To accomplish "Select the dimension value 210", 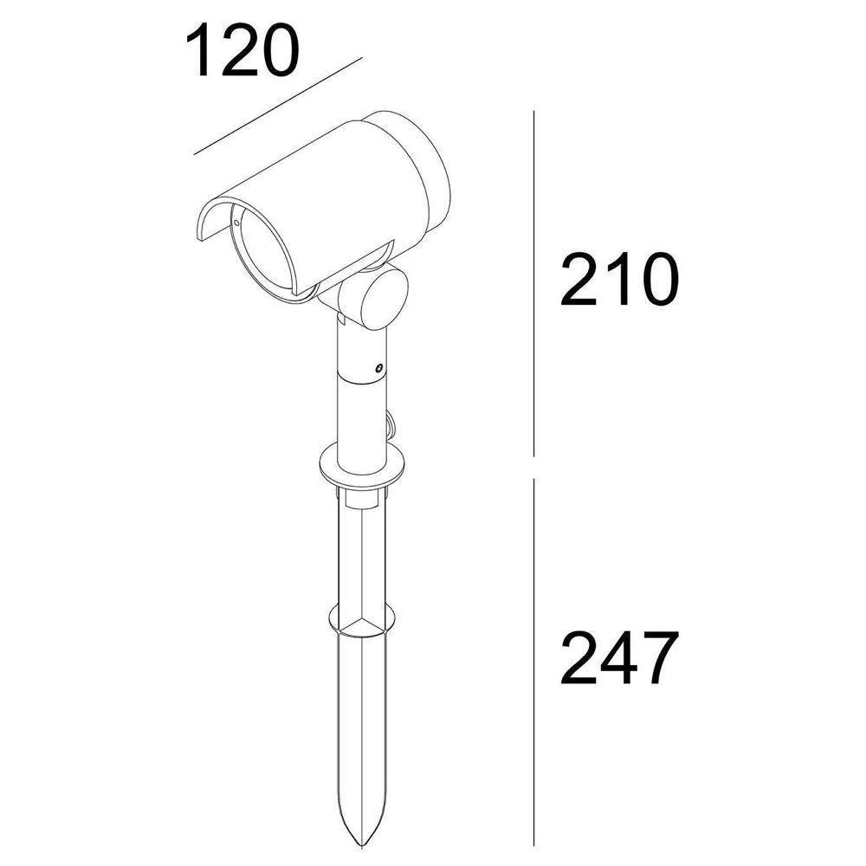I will click(617, 280).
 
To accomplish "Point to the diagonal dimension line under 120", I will click(277, 107).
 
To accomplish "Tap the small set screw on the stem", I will click(378, 368).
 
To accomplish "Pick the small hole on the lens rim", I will click(235, 223).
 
